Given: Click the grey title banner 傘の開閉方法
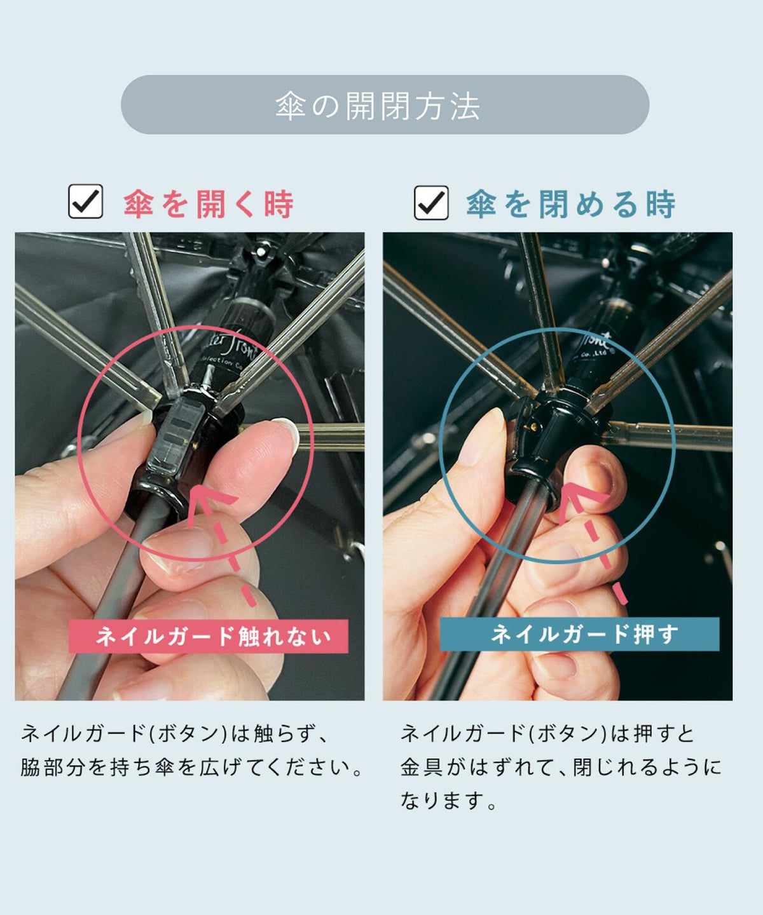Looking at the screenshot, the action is pyautogui.click(x=385, y=104).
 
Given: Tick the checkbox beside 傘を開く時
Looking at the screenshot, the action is pyautogui.click(x=85, y=201).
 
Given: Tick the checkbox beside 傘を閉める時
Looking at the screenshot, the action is pyautogui.click(x=431, y=203).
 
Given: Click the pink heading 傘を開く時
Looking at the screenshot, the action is pyautogui.click(x=208, y=204).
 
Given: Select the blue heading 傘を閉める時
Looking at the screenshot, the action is pyautogui.click(x=570, y=204).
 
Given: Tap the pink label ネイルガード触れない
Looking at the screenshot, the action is pyautogui.click(x=209, y=636).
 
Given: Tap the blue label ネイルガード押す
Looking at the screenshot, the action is pyautogui.click(x=580, y=634).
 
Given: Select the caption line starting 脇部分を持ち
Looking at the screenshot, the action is pyautogui.click(x=191, y=767).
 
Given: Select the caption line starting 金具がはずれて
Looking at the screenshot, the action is pyautogui.click(x=561, y=767).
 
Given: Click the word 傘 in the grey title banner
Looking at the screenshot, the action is pyautogui.click(x=291, y=106).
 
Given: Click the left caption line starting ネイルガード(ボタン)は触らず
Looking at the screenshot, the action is pyautogui.click(x=174, y=733).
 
